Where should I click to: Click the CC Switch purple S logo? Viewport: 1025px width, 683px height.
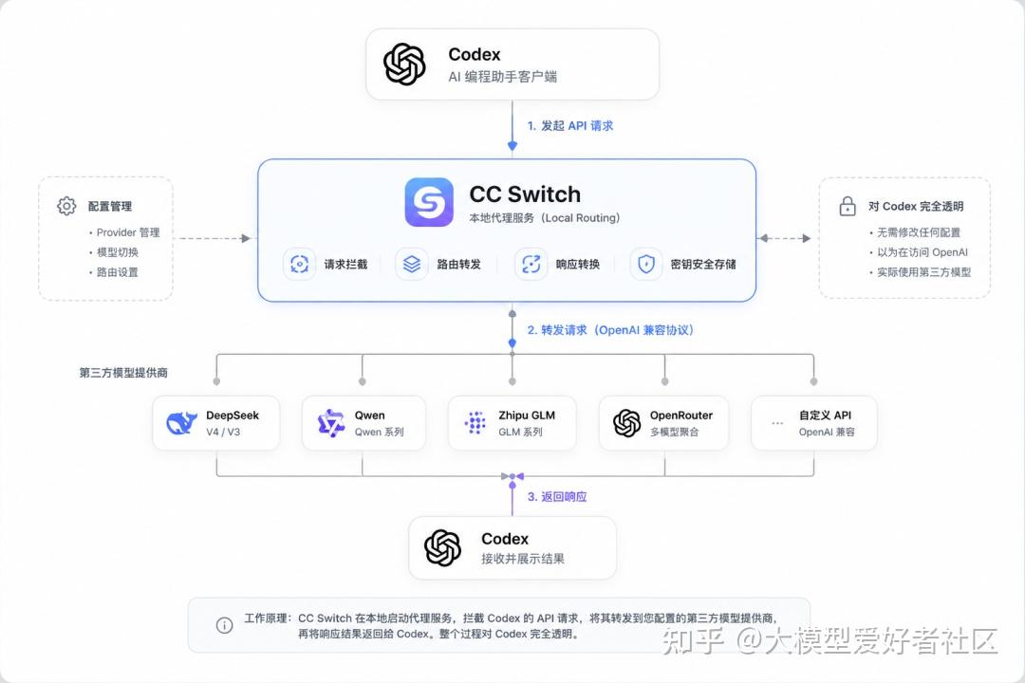[x=429, y=202]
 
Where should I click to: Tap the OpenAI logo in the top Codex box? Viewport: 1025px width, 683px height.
[x=404, y=65]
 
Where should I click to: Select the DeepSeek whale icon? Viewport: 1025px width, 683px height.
[x=181, y=423]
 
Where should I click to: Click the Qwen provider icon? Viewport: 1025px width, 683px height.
[x=331, y=423]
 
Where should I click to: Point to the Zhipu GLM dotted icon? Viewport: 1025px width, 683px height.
[x=475, y=423]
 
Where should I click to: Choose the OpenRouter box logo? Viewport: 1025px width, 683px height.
[x=627, y=423]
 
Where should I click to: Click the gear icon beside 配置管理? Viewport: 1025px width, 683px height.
[x=66, y=206]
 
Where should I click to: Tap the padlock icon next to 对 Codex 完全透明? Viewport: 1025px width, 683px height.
[x=848, y=206]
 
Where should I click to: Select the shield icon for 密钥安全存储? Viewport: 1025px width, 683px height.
[x=646, y=264]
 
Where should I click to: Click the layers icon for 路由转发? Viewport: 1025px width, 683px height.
[x=412, y=264]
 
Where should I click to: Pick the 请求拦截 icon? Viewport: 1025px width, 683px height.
[x=299, y=264]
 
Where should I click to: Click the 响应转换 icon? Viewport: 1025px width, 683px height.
[x=531, y=264]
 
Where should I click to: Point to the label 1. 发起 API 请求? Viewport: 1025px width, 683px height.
[x=570, y=125]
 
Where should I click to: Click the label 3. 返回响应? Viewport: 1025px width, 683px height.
[x=557, y=497]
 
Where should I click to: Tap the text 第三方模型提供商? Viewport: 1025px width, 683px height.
[x=123, y=373]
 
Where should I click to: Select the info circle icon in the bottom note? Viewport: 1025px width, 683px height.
[x=224, y=625]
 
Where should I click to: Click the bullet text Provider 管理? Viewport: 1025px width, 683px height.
[x=128, y=232]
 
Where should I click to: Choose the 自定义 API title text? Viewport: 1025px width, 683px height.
[x=825, y=415]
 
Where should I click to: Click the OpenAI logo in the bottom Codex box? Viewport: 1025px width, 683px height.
[x=442, y=547]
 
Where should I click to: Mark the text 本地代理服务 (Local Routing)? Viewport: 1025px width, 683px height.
[x=544, y=217]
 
